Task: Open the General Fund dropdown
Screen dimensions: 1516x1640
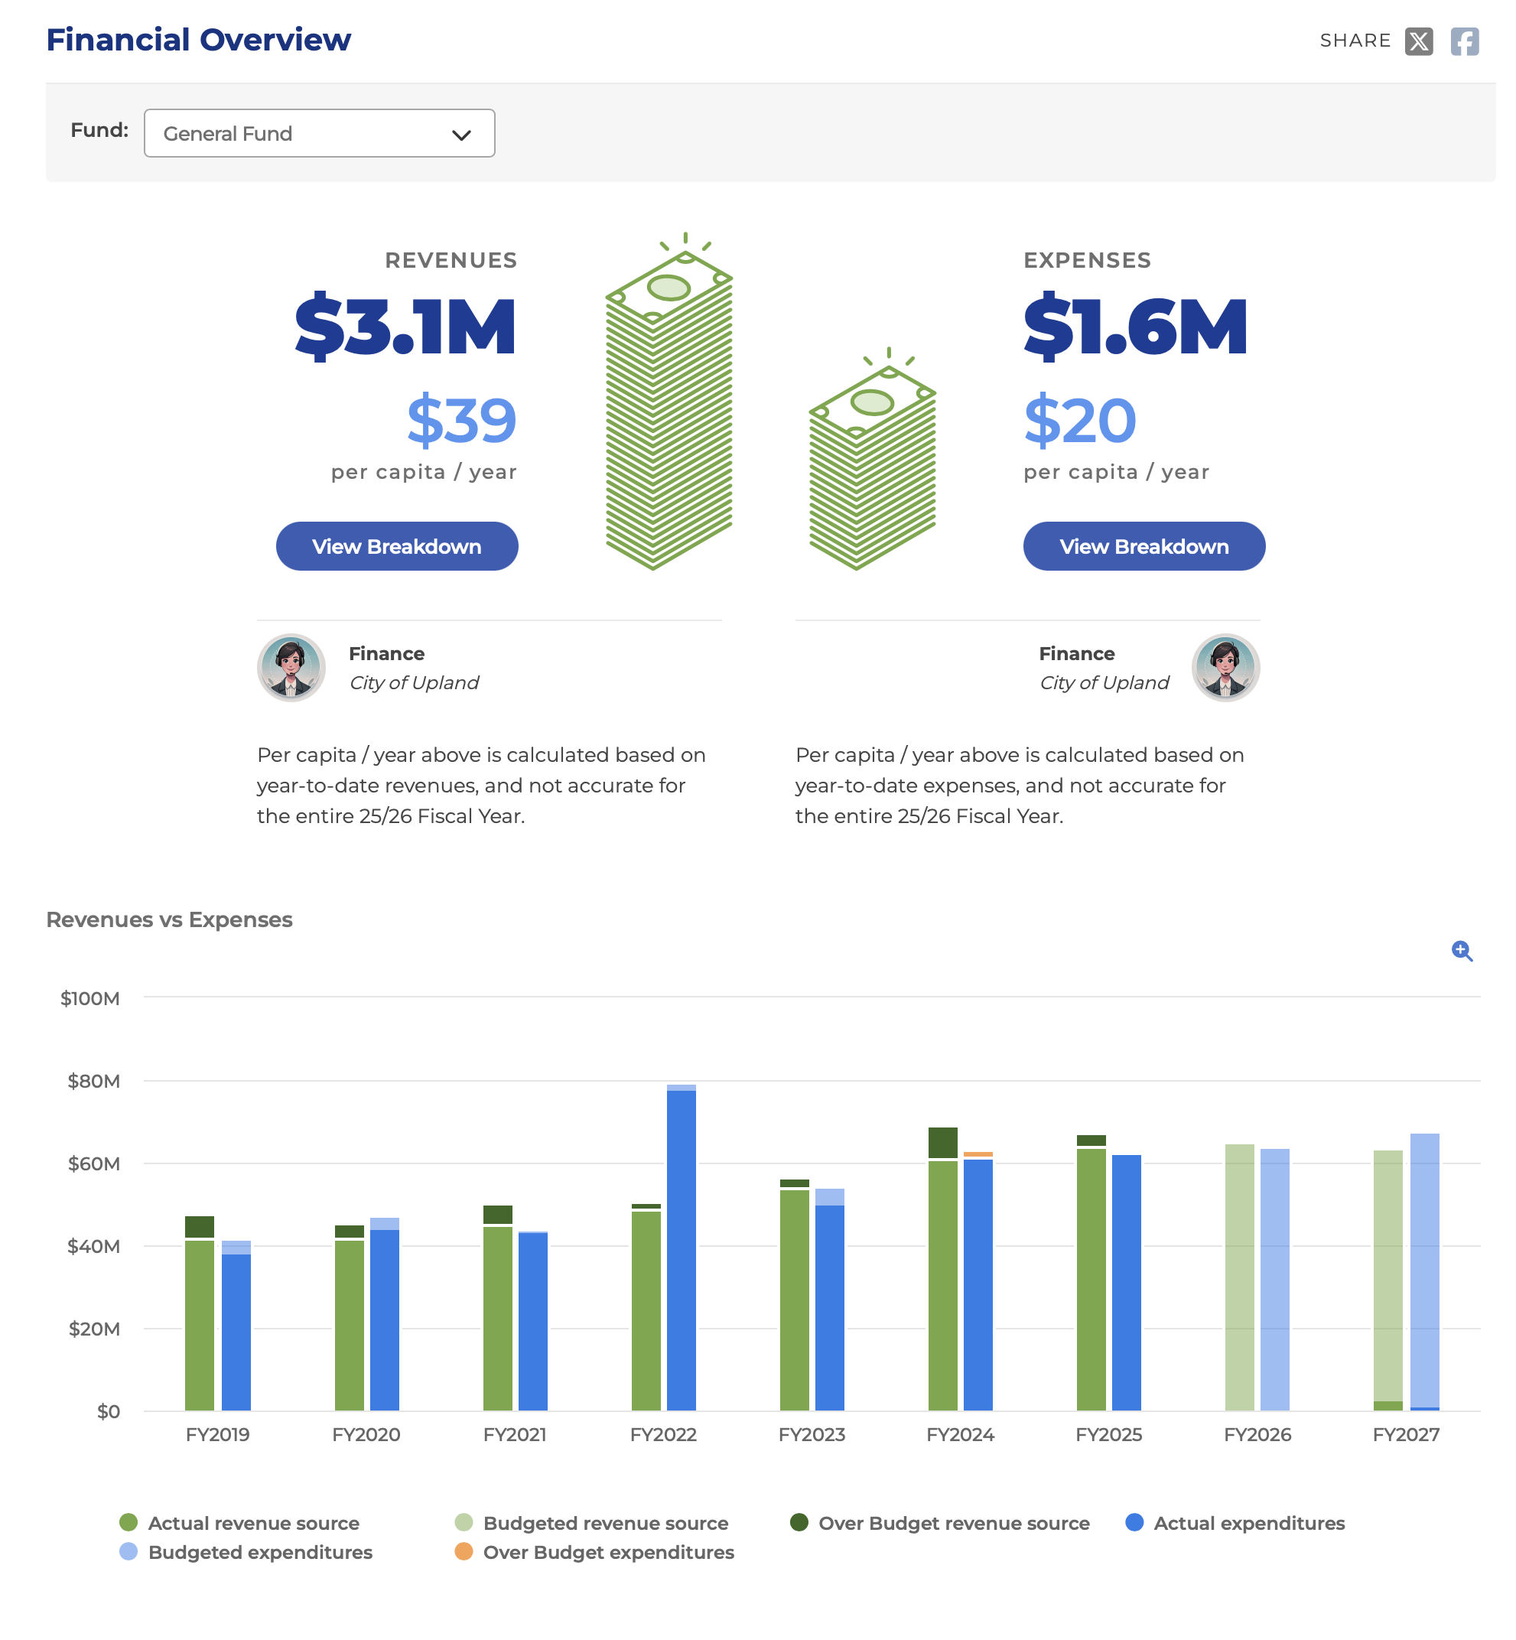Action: [319, 133]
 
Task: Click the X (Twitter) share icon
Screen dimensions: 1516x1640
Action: [1418, 41]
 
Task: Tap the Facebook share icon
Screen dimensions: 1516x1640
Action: [1464, 41]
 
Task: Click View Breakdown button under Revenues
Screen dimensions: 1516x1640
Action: [397, 546]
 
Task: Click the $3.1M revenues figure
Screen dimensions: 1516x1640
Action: [405, 327]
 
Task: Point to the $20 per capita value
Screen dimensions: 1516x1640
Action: [1079, 420]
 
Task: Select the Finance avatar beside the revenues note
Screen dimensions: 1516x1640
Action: [291, 668]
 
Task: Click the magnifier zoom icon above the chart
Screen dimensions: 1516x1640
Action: [1462, 951]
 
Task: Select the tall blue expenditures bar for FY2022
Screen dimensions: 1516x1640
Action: [682, 1251]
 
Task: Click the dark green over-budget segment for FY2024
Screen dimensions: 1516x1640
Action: [942, 1143]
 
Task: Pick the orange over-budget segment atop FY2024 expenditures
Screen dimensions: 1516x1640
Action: [978, 1154]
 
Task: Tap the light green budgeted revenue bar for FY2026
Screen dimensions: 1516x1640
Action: [1240, 1277]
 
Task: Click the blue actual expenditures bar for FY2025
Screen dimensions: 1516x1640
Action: [1127, 1283]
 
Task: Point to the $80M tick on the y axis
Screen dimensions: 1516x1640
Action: [93, 1082]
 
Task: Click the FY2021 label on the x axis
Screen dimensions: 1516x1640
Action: [514, 1435]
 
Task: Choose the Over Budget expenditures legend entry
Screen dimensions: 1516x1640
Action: [595, 1552]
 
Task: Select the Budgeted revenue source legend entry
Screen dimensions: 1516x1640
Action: [591, 1524]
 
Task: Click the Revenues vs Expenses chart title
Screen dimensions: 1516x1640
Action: [169, 919]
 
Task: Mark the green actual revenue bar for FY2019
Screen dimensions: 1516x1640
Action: [200, 1326]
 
